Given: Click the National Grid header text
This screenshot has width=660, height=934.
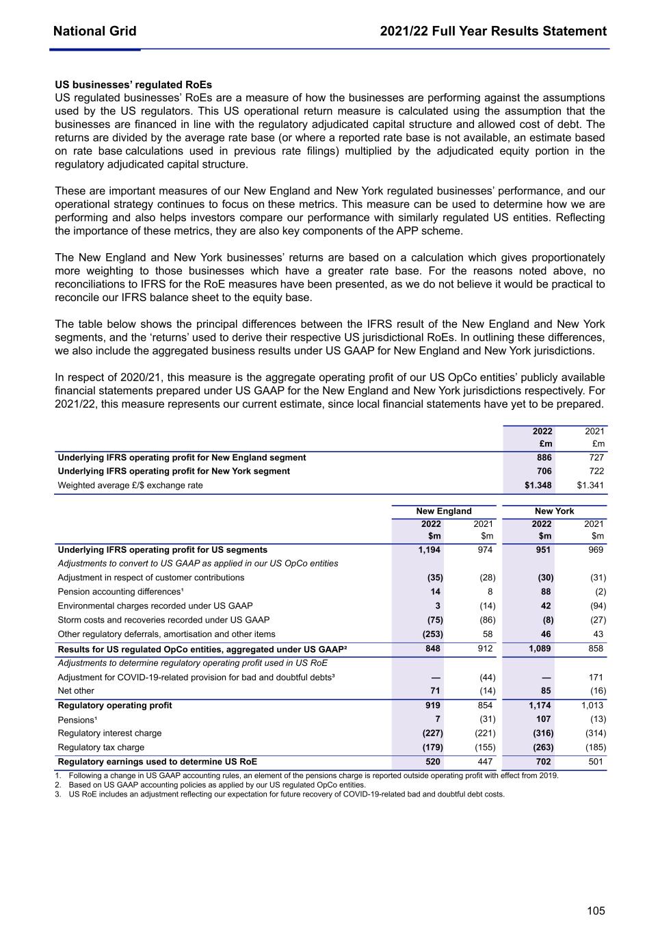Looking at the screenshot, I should [x=94, y=31].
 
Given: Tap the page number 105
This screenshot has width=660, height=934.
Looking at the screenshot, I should [x=596, y=911].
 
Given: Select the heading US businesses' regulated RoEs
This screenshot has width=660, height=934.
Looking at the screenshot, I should [x=133, y=85].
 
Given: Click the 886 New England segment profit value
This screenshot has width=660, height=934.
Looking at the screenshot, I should [x=544, y=458].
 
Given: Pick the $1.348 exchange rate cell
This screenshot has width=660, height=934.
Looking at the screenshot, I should [x=538, y=485].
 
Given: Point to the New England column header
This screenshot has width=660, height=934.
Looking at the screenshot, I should [x=444, y=511].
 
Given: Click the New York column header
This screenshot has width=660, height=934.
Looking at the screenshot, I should [x=554, y=511].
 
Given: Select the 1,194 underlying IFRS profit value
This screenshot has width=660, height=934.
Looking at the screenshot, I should [x=430, y=550].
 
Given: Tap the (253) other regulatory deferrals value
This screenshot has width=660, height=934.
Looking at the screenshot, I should [x=432, y=634].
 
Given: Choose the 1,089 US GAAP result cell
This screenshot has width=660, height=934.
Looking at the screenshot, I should [x=540, y=649].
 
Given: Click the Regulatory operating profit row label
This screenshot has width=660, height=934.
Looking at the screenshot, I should [x=115, y=705].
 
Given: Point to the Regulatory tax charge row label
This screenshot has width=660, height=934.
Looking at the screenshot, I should [x=101, y=747].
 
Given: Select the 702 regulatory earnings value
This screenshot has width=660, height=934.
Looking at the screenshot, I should [x=543, y=762].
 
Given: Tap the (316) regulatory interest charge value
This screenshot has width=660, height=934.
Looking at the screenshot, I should [x=543, y=734].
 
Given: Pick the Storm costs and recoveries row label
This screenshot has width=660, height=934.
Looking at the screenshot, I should [x=163, y=620].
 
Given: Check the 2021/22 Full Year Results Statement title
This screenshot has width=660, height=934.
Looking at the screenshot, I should [x=493, y=31].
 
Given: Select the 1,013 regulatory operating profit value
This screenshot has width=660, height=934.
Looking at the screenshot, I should [x=593, y=705].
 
